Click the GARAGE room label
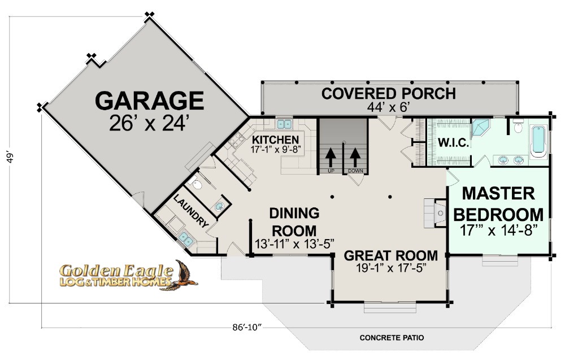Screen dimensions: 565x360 (149, 101)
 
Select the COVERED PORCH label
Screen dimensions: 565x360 (389, 94)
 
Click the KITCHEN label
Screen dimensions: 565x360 (275, 140)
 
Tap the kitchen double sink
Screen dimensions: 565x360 (284, 124)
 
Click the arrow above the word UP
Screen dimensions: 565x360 (331, 157)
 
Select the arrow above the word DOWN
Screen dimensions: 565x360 (355, 157)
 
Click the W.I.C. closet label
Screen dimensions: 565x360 (454, 143)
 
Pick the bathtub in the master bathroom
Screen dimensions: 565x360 (539, 140)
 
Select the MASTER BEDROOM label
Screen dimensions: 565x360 (498, 204)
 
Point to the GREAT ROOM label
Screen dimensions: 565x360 (391, 255)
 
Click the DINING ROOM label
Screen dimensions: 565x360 (294, 222)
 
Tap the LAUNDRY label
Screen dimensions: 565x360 (191, 211)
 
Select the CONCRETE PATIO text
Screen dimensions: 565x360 (392, 337)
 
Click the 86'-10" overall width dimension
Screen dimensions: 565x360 (246, 328)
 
